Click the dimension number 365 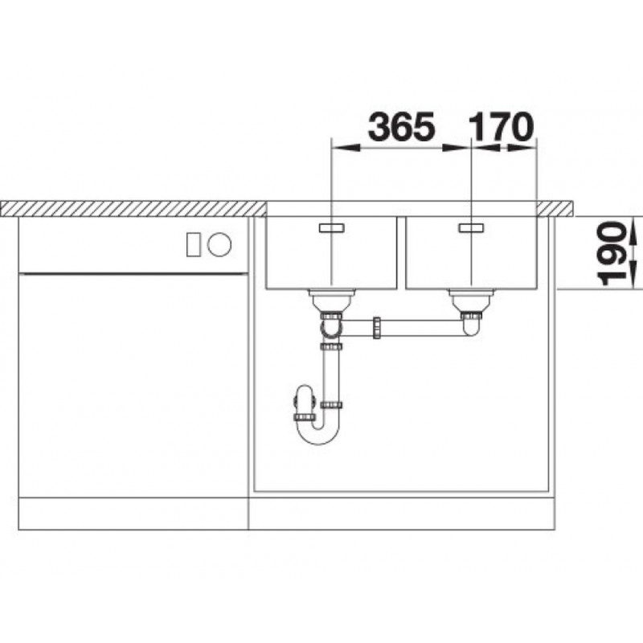[x=401, y=126]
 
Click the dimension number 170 [x=501, y=126]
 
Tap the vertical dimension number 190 [x=612, y=253]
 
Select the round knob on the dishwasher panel [x=219, y=244]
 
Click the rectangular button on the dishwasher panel [x=194, y=244]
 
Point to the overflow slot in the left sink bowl [x=331, y=228]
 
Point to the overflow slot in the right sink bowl [x=472, y=228]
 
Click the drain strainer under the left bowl [x=332, y=300]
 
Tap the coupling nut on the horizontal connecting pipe [x=377, y=327]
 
